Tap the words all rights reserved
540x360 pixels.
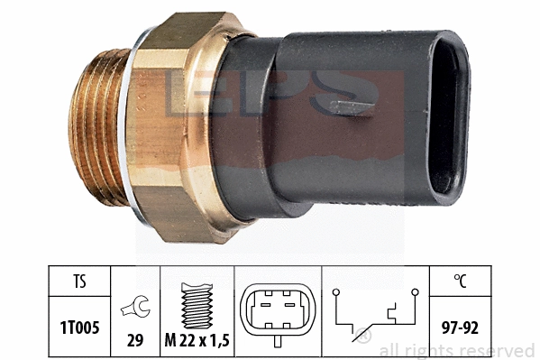[457, 350]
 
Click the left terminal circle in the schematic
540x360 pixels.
[336, 292]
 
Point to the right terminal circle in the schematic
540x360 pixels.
[415, 292]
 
